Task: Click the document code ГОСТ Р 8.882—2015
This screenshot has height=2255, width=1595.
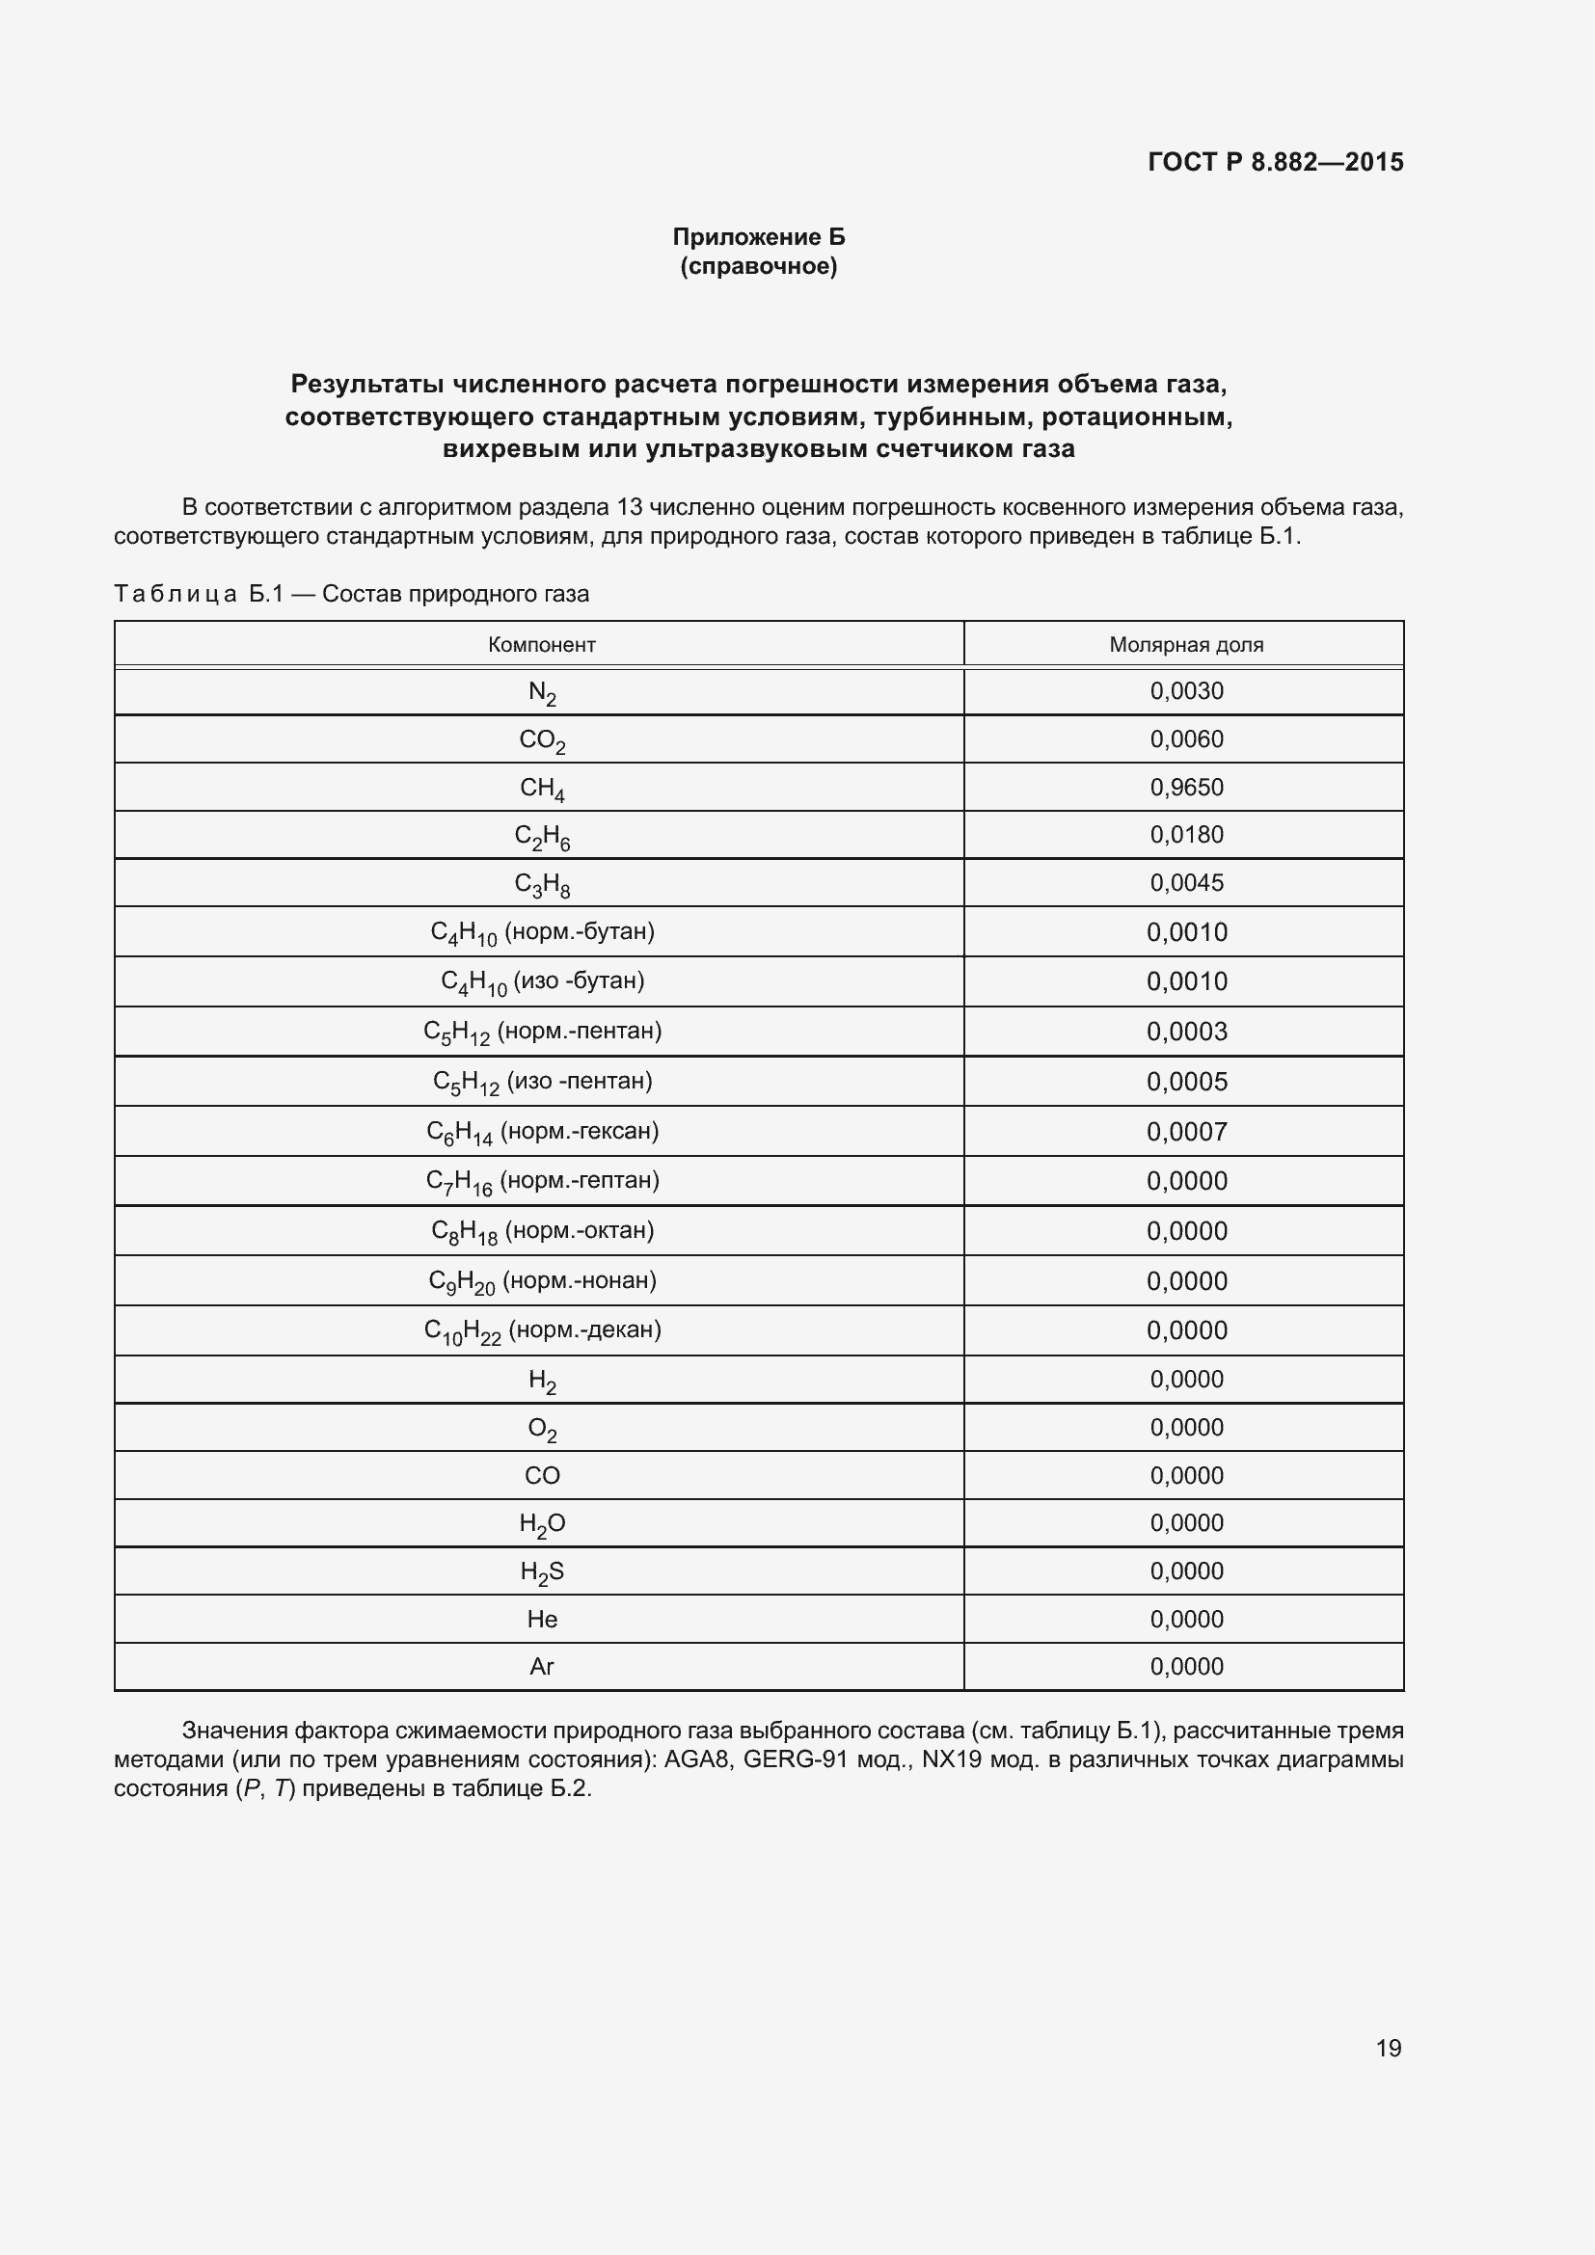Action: pyautogui.click(x=1275, y=162)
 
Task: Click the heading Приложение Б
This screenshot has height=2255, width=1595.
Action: pyautogui.click(x=758, y=237)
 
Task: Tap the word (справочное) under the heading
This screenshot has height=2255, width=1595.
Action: pyautogui.click(x=758, y=266)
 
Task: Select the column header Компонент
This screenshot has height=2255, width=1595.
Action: pyautogui.click(x=541, y=645)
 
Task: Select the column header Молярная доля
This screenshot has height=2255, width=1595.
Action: pyautogui.click(x=1185, y=645)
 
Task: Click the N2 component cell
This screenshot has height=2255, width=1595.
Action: pyautogui.click(x=541, y=692)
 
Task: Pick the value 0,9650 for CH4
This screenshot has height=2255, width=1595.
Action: pyautogui.click(x=1186, y=787)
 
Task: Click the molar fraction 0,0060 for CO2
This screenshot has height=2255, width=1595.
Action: pyautogui.click(x=1186, y=738)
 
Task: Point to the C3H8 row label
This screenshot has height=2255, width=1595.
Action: pyautogui.click(x=541, y=884)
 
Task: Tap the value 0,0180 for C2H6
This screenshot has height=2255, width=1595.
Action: pyautogui.click(x=1186, y=835)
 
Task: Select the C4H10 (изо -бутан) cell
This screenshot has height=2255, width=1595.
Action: pyautogui.click(x=541, y=981)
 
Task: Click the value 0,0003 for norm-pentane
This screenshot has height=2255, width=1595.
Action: pyautogui.click(x=1186, y=1032)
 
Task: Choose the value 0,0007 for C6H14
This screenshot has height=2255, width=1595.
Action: pyautogui.click(x=1186, y=1132)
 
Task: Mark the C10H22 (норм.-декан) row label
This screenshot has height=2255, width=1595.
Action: pyautogui.click(x=541, y=1329)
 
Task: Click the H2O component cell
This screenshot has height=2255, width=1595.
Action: pyautogui.click(x=541, y=1523)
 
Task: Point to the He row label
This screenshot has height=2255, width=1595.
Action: pyautogui.click(x=541, y=1619)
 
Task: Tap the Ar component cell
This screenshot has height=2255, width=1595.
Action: pyautogui.click(x=541, y=1667)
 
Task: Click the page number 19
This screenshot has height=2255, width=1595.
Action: pyautogui.click(x=1388, y=2048)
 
